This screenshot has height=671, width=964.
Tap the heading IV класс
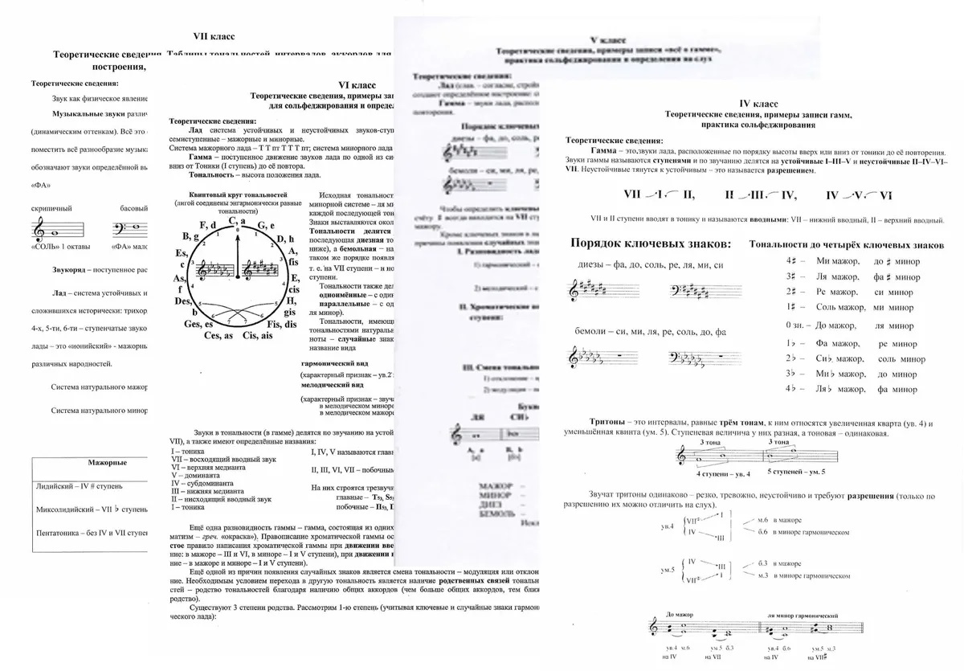coord(758,104)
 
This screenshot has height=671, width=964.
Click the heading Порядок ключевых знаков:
coord(650,243)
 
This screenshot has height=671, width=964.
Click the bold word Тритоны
coord(609,423)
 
